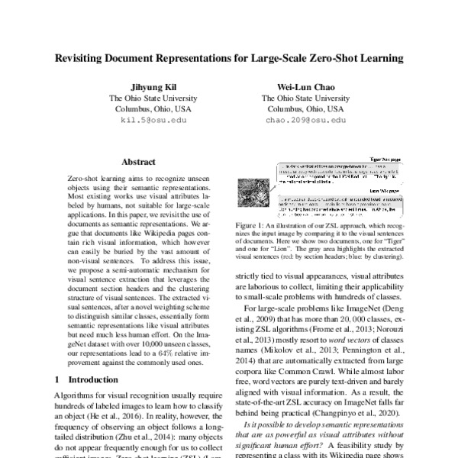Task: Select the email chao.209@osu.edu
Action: tap(305, 121)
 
